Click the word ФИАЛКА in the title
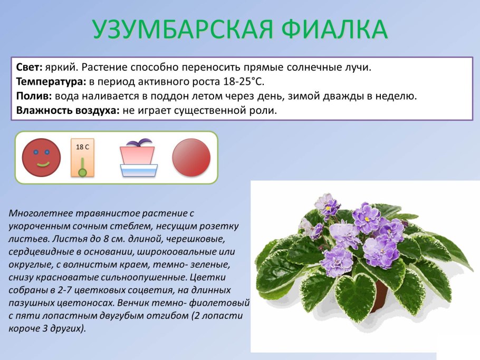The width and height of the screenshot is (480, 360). pyautogui.click(x=335, y=30)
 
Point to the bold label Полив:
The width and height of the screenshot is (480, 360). pyautogui.click(x=34, y=96)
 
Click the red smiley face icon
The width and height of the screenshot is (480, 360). pyautogui.click(x=41, y=157)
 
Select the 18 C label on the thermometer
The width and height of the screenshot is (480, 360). pyautogui.click(x=82, y=147)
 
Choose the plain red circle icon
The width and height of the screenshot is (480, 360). pyautogui.click(x=191, y=157)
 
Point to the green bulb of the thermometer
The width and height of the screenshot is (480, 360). pyautogui.click(x=82, y=172)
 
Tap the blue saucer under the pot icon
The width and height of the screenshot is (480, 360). pyautogui.click(x=139, y=170)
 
